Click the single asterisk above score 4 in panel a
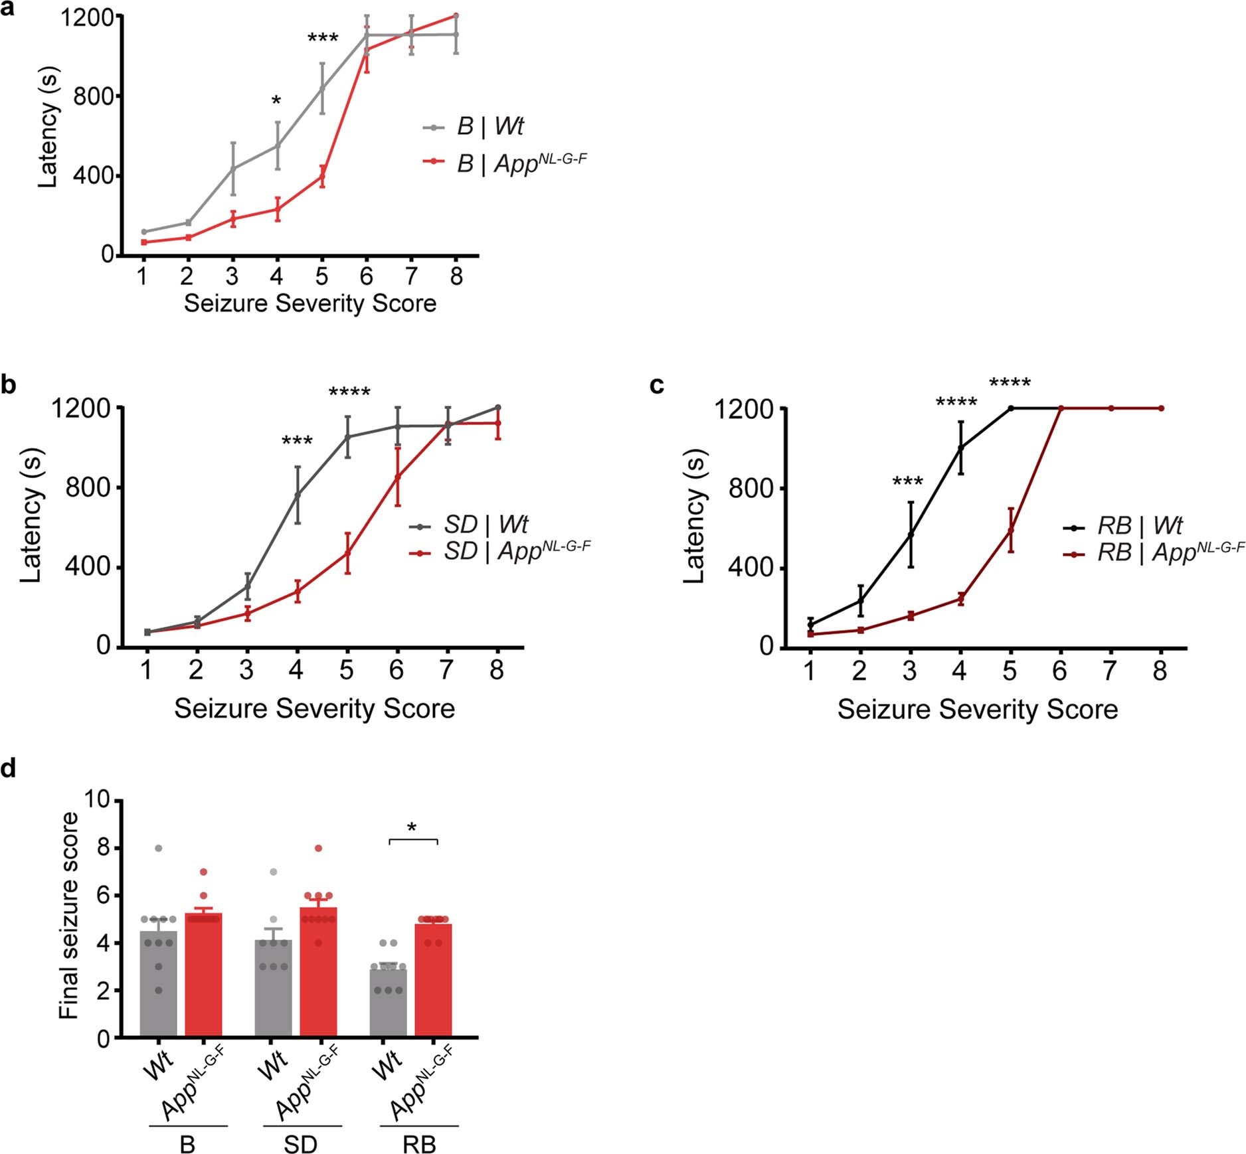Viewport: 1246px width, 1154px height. pos(276,102)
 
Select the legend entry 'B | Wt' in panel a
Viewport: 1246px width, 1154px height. pos(490,126)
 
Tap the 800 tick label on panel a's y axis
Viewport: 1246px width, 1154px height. pos(94,97)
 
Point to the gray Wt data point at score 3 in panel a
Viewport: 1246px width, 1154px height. pos(233,169)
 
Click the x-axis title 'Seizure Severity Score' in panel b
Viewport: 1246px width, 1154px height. pos(314,708)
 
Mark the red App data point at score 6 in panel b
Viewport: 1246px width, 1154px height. pos(397,477)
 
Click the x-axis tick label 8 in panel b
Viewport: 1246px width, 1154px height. pos(497,670)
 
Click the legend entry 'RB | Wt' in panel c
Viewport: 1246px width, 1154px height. pos(1140,526)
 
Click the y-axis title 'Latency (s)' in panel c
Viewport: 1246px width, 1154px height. pos(695,516)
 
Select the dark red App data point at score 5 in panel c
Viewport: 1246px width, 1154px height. pos(1011,530)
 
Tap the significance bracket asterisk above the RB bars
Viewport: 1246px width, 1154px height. pos(412,828)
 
